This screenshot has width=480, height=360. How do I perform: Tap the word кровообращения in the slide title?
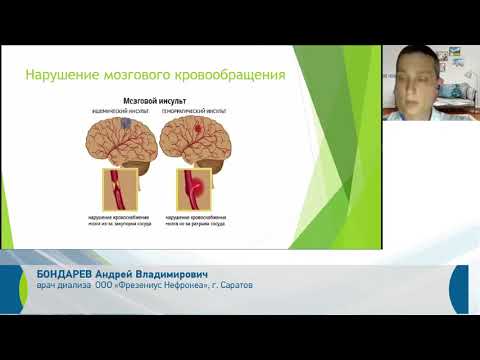(x=234, y=75)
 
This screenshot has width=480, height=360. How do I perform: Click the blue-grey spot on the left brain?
(x=122, y=126)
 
